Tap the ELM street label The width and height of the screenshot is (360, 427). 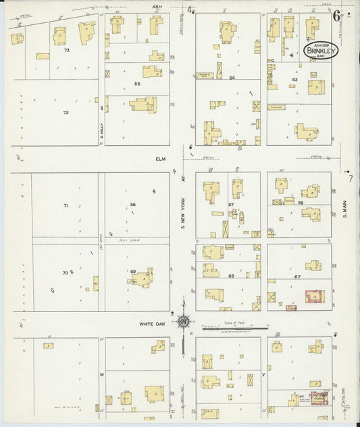pyautogui.click(x=160, y=159)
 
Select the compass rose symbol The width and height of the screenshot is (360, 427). pyautogui.click(x=183, y=321)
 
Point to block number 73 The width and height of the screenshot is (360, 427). pyautogui.click(x=66, y=51)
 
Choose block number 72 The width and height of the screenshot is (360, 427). pyautogui.click(x=66, y=112)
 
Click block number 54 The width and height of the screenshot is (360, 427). pyautogui.click(x=232, y=79)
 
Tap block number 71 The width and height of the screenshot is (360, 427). pyautogui.click(x=66, y=205)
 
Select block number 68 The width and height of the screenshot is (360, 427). pyautogui.click(x=231, y=276)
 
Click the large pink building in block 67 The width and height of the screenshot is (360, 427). pyautogui.click(x=314, y=297)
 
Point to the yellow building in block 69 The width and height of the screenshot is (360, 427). pyautogui.click(x=143, y=278)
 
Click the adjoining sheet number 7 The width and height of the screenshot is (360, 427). pyautogui.click(x=351, y=178)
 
